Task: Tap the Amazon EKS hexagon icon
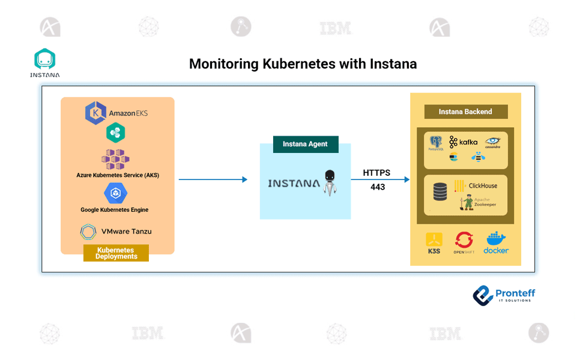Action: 95,113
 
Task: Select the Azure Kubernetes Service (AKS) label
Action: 118,175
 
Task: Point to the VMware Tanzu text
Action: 126,231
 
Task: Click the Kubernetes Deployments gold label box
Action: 116,253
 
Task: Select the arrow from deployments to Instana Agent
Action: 213,179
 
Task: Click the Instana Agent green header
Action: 305,144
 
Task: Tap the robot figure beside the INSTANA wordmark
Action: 329,182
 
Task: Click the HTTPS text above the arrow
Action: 376,173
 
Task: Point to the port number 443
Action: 378,187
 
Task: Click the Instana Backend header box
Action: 465,112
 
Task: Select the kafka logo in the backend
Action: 464,142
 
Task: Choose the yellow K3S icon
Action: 434,242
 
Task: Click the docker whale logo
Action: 496,242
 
